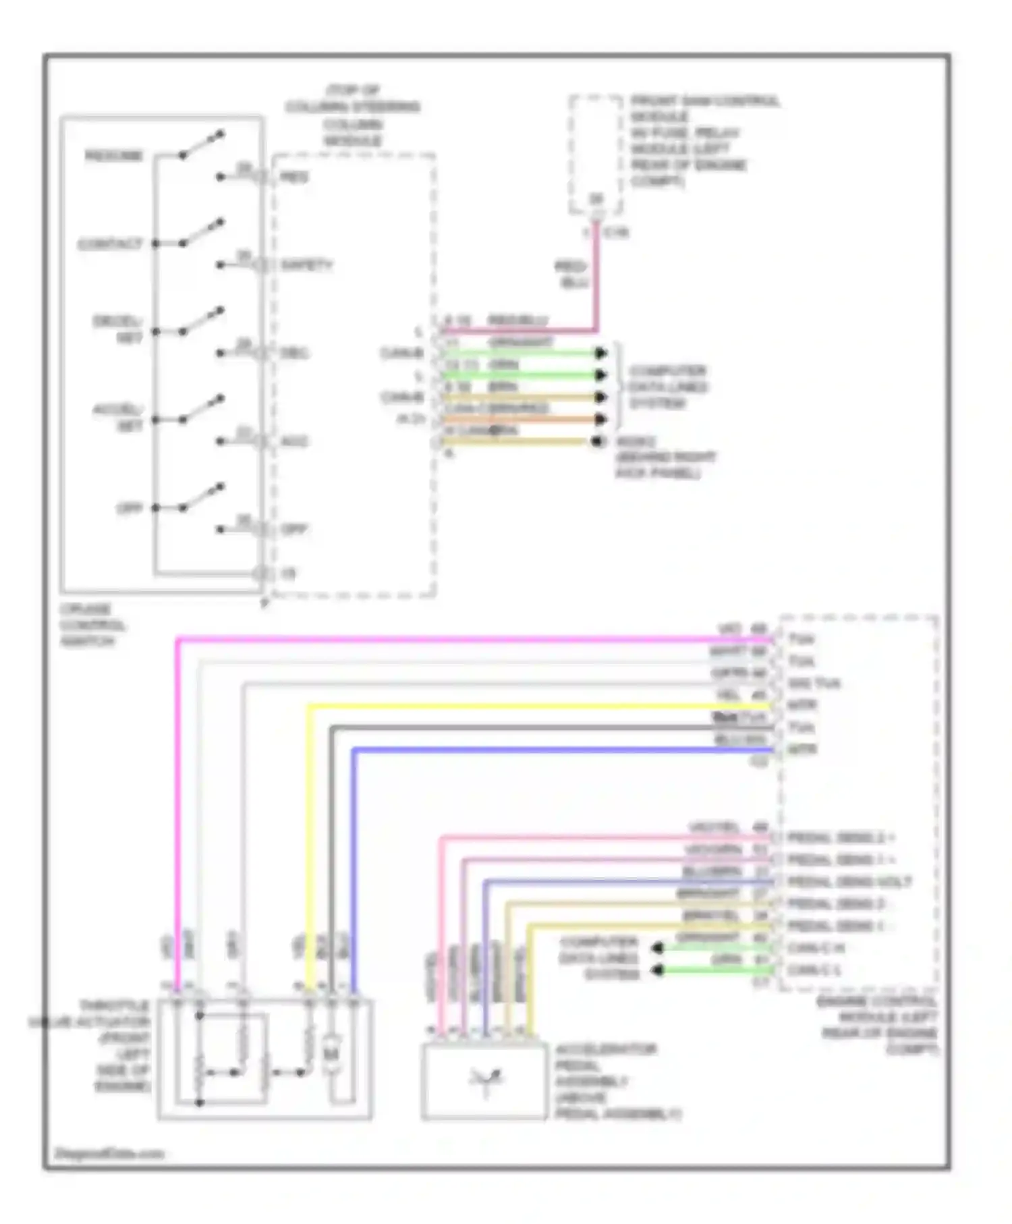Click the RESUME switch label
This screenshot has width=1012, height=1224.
point(114,157)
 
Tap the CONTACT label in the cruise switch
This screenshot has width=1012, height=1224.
point(110,244)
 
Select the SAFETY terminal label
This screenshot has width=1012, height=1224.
point(306,265)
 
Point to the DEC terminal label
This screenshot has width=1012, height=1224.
point(294,353)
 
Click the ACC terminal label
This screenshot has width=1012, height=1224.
point(294,441)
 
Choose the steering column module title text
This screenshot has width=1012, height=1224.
point(352,115)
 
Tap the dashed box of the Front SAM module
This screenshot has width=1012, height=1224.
point(595,155)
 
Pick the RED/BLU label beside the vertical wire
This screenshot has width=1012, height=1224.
point(571,275)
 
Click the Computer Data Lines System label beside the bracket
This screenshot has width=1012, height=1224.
point(667,387)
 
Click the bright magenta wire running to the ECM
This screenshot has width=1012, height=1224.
point(472,638)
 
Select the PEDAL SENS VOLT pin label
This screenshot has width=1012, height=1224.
point(849,882)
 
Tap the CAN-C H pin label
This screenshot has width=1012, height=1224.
point(816,948)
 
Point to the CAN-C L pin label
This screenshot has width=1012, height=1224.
point(814,970)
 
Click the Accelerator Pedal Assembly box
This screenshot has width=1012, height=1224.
point(484,1082)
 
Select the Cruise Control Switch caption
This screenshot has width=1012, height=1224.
point(91,625)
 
